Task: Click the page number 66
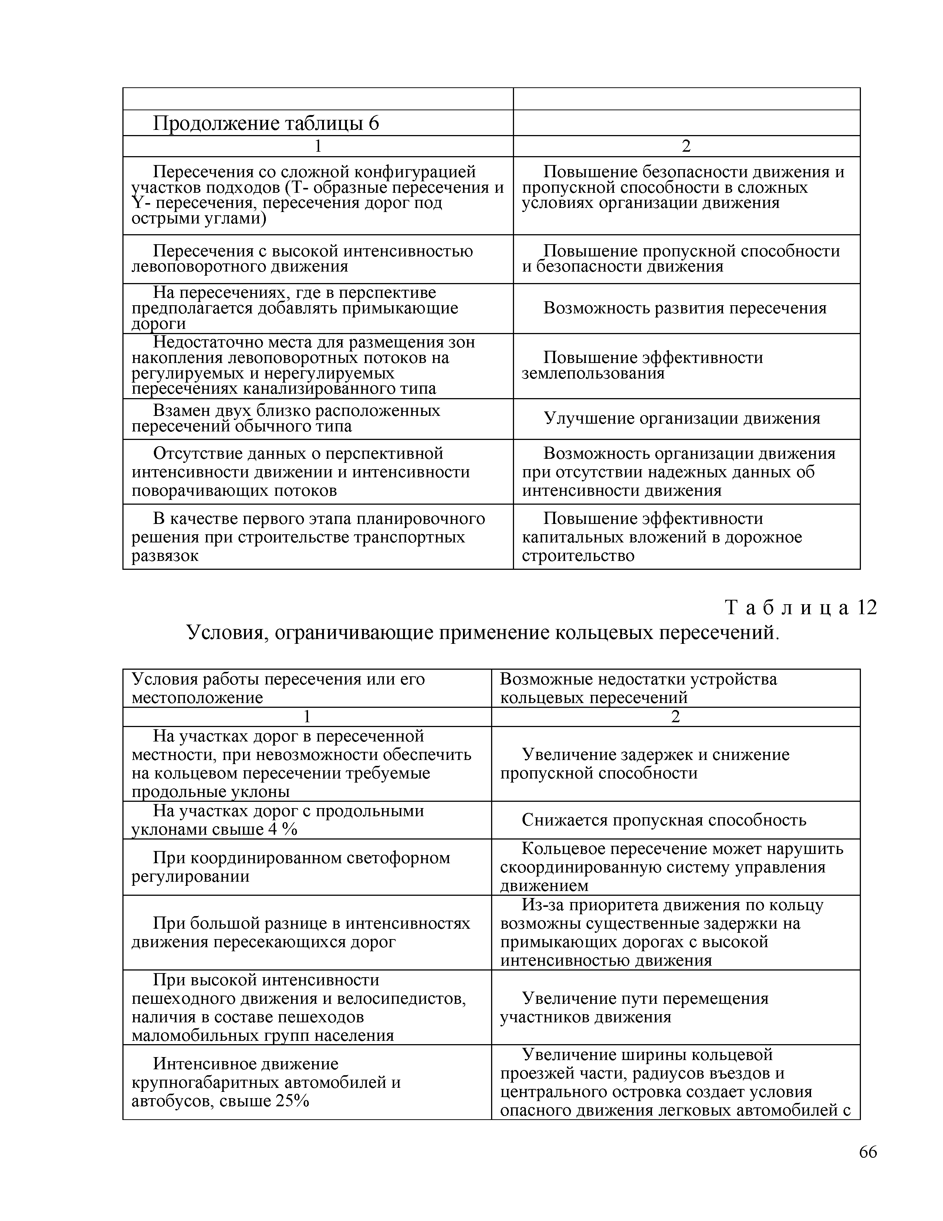[868, 1152]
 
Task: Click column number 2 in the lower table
[675, 717]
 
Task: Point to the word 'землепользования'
[593, 373]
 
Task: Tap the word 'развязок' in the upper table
[165, 556]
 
